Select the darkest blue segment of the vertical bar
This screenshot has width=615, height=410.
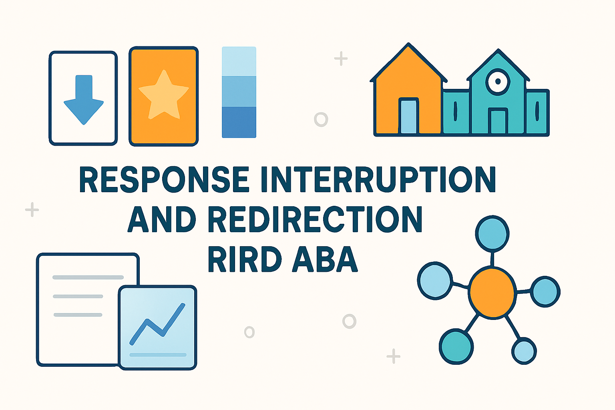(x=239, y=122)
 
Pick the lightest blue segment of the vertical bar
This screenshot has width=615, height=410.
(x=239, y=61)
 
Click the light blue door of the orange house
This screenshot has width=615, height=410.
(x=408, y=117)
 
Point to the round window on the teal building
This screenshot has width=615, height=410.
(x=498, y=81)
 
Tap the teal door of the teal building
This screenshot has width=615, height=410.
(x=498, y=121)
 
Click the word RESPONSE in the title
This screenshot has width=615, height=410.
(x=164, y=179)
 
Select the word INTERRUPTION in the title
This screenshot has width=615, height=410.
(x=378, y=179)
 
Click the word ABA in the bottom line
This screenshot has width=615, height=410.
(x=325, y=259)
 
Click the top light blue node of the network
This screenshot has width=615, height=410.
(x=492, y=233)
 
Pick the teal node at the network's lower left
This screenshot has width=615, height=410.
(x=456, y=346)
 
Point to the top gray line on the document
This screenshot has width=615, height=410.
(x=88, y=277)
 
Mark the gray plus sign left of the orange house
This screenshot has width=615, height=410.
(x=341, y=59)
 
